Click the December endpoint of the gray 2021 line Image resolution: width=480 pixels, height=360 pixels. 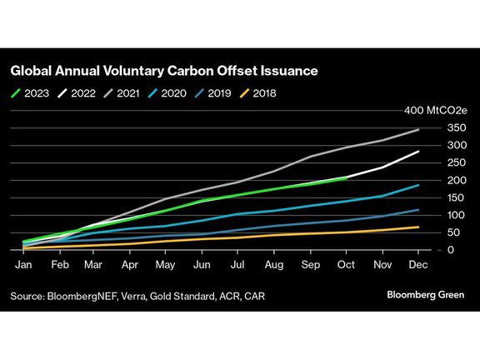coord(417,130)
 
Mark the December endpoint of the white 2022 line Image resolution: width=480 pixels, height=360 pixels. coord(417,152)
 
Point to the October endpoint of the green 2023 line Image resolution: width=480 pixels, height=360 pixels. coord(344,177)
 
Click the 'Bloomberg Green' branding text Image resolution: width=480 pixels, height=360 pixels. coord(425,295)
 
